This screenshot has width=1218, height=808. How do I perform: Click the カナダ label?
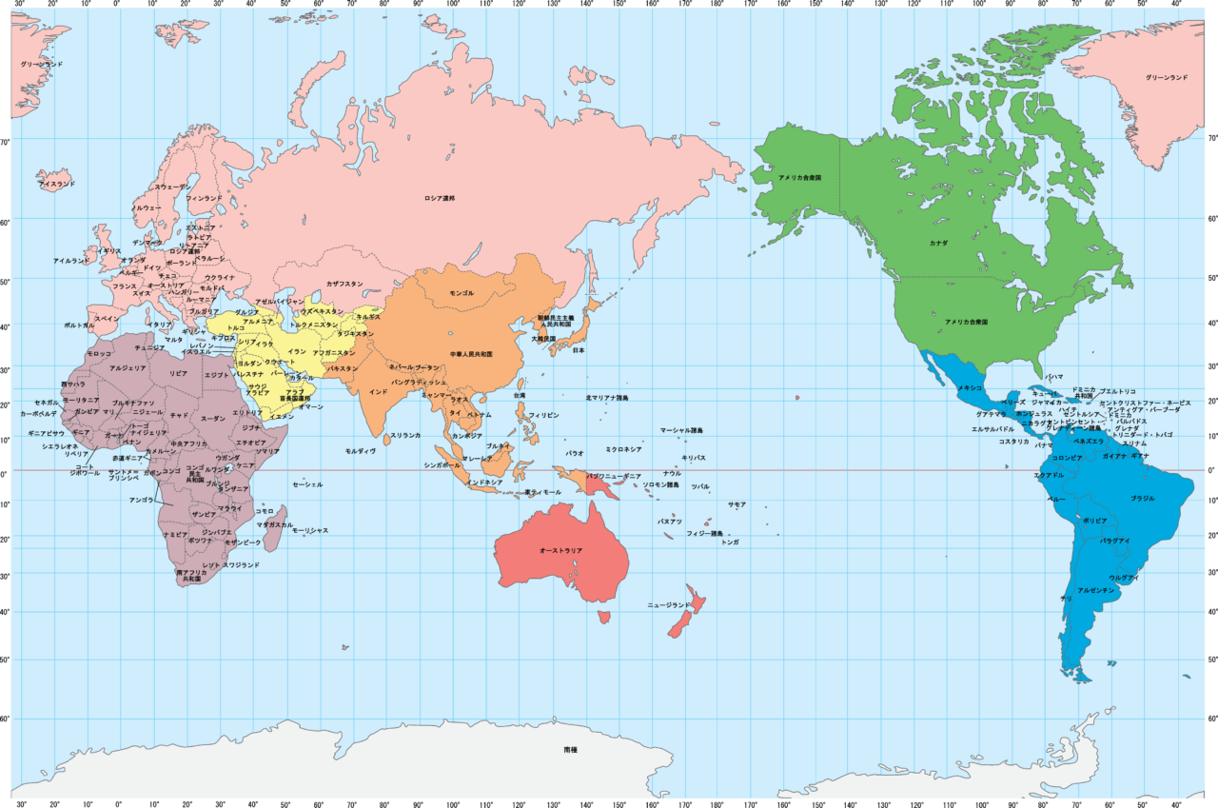[938, 244]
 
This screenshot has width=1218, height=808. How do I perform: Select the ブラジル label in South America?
[1142, 499]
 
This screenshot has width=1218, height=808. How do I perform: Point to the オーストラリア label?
[560, 551]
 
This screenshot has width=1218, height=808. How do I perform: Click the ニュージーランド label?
[669, 605]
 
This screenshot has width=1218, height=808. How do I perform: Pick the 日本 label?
[578, 350]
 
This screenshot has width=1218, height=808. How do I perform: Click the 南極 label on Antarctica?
[570, 750]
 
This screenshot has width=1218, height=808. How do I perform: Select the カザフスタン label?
[344, 284]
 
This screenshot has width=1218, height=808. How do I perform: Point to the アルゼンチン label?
[1095, 591]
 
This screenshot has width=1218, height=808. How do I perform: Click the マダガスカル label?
[275, 524]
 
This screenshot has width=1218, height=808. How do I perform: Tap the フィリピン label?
[543, 416]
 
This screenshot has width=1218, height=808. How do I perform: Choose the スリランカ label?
[404, 435]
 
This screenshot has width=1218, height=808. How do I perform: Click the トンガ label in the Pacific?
[730, 542]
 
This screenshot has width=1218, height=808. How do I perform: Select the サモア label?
[737, 504]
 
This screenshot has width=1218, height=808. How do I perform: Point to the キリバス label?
[693, 458]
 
